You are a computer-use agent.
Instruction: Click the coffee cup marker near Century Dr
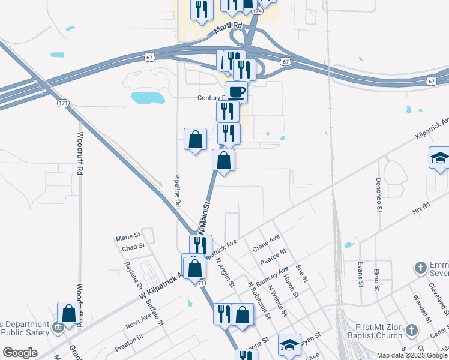[x=236, y=92]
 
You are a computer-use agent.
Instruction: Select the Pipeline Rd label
[x=177, y=191]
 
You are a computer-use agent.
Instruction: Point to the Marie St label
[x=128, y=236]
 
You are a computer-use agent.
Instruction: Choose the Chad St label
[x=133, y=246]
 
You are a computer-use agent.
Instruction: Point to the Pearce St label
[x=274, y=258]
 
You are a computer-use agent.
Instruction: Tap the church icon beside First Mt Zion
[x=411, y=330]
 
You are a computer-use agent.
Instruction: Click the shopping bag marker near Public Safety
[x=68, y=314]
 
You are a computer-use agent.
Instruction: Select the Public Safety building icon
[x=58, y=328]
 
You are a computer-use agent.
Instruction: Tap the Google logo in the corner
[x=20, y=353]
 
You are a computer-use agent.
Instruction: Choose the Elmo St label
[x=377, y=280]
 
